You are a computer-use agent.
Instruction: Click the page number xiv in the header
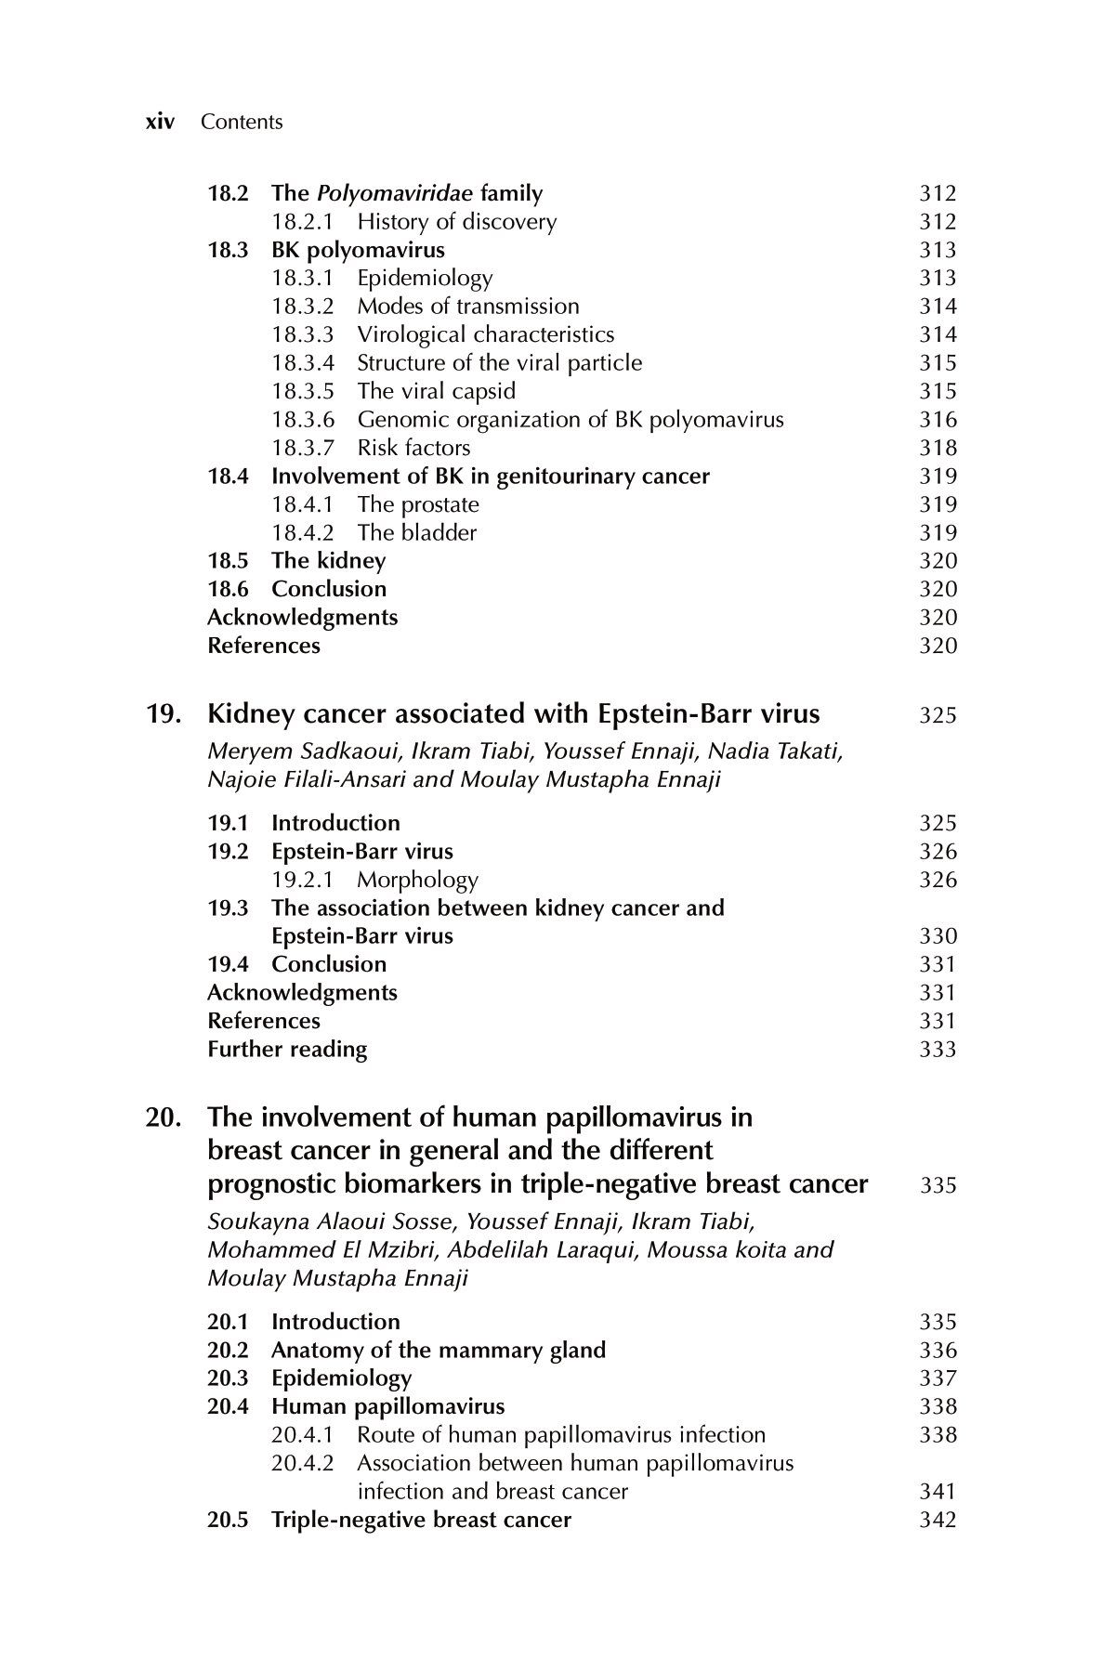pyautogui.click(x=161, y=122)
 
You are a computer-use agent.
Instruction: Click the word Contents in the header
pyautogui.click(x=242, y=122)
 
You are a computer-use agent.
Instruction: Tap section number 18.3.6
pyautogui.click(x=303, y=420)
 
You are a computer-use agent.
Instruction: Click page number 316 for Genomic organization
pyautogui.click(x=938, y=420)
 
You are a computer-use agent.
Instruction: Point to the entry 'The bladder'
pyautogui.click(x=416, y=533)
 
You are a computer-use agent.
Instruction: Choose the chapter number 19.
pyautogui.click(x=164, y=714)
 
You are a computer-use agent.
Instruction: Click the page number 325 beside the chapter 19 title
pyautogui.click(x=938, y=716)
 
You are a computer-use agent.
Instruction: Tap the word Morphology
pyautogui.click(x=417, y=880)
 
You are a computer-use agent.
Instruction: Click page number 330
pyautogui.click(x=938, y=936)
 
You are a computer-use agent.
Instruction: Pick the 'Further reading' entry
pyautogui.click(x=287, y=1050)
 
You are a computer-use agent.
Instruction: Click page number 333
pyautogui.click(x=938, y=1050)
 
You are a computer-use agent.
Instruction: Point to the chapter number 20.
pyautogui.click(x=164, y=1117)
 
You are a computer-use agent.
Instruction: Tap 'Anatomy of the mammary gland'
pyautogui.click(x=439, y=1350)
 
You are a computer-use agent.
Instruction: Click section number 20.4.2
pyautogui.click(x=303, y=1463)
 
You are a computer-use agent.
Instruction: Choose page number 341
pyautogui.click(x=938, y=1492)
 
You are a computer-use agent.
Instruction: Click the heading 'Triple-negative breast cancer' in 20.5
pyautogui.click(x=421, y=1520)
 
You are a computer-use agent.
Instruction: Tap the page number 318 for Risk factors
pyautogui.click(x=938, y=448)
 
